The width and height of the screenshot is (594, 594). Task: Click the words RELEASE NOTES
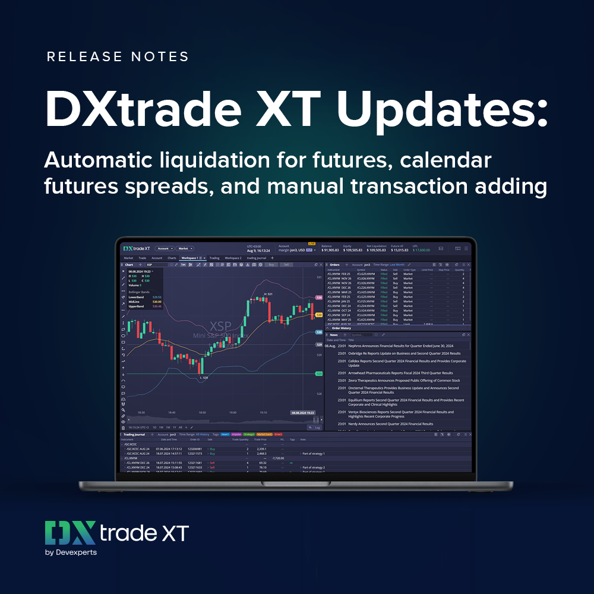118,57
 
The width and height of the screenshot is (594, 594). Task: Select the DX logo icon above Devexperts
71,532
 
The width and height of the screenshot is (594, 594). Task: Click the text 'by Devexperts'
71,552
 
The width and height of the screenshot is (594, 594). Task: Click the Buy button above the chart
271,264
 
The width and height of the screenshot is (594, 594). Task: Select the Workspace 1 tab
190,258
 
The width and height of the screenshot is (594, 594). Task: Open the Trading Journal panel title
134,434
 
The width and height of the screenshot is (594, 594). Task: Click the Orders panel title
334,264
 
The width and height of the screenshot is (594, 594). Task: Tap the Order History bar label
342,328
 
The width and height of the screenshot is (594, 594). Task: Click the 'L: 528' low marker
203,377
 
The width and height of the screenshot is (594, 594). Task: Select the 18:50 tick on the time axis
202,412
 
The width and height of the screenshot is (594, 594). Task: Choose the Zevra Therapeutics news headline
404,380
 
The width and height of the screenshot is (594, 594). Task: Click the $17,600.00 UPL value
422,250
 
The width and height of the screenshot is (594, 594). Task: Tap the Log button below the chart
317,427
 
